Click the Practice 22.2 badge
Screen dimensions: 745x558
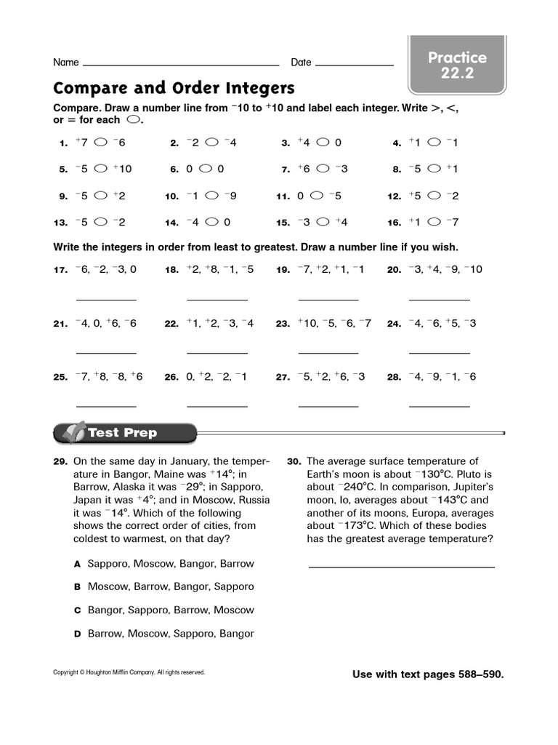tap(457, 65)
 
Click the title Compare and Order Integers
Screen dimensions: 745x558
tap(174, 89)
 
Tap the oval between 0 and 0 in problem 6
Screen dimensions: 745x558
tap(206, 169)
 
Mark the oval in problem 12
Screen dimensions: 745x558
tap(434, 196)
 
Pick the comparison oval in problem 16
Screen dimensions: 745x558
tap(434, 222)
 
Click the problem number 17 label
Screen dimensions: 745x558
tap(60, 270)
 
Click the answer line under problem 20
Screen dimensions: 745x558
tap(439, 299)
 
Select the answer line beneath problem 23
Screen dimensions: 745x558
tap(328, 353)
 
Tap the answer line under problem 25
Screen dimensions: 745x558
tap(106, 406)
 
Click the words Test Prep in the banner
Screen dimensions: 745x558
tap(122, 433)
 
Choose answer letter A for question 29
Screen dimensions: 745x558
tap(76, 564)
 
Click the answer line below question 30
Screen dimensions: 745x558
tap(401, 566)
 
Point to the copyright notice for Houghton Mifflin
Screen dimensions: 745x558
tap(129, 672)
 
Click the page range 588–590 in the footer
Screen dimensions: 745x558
tap(477, 674)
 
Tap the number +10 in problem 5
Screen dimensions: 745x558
tap(122, 169)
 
